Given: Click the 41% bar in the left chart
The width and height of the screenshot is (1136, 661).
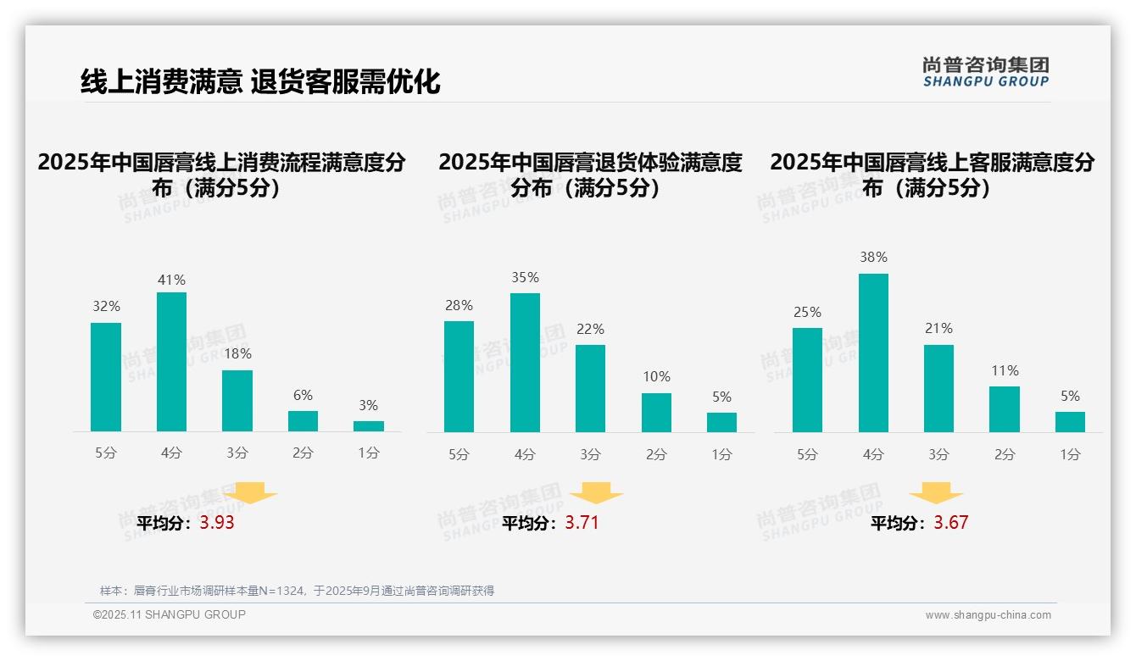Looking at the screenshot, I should [171, 362].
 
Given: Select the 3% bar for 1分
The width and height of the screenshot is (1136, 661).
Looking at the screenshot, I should [369, 426].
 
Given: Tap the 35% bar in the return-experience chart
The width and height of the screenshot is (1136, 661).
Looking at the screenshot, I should [525, 363].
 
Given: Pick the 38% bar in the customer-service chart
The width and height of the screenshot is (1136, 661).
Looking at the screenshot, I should [873, 353].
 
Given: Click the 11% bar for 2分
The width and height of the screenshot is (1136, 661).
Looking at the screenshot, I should [1005, 409].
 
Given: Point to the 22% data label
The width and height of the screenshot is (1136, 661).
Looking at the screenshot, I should [590, 329].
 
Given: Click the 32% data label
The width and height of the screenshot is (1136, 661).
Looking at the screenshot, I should [106, 306].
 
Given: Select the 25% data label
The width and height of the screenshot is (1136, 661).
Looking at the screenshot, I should [807, 312].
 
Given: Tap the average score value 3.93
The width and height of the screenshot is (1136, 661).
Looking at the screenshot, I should [217, 523].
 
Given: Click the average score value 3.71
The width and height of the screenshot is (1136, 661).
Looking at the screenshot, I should [582, 522].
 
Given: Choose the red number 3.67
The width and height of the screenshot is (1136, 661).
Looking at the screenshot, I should [950, 522].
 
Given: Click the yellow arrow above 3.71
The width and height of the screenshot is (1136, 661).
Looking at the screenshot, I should [596, 492].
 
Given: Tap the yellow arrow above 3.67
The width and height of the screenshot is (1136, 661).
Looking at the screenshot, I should [936, 492].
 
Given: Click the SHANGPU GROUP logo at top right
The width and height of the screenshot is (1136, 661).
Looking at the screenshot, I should [986, 72].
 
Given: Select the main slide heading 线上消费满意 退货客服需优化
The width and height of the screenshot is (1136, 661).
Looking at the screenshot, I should [260, 81].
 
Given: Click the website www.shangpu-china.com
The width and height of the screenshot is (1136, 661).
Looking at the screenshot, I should [988, 615].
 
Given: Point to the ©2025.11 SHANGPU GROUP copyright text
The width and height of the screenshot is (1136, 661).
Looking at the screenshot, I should [169, 614].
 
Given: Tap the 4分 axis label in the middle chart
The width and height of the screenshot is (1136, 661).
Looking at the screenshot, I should [525, 454].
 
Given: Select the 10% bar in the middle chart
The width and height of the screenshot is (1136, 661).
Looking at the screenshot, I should [656, 413].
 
